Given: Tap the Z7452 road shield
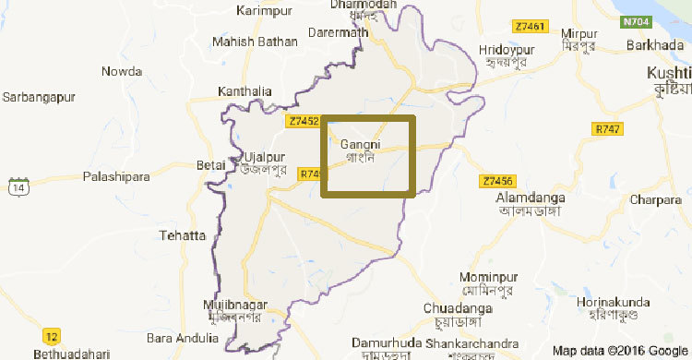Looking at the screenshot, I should (304, 121).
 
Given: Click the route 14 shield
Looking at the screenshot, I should (18, 187).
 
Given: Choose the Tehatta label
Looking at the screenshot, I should (182, 235).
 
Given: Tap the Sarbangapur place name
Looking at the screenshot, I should (39, 96).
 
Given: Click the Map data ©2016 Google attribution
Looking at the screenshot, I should (618, 350).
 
